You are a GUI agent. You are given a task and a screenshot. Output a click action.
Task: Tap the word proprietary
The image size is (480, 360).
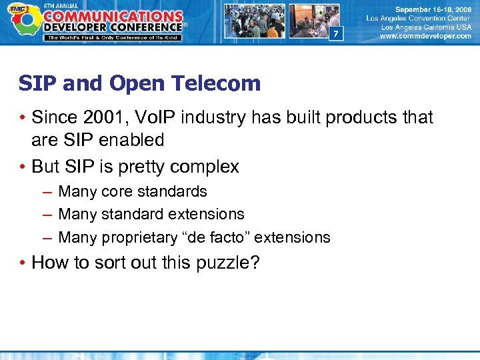137,237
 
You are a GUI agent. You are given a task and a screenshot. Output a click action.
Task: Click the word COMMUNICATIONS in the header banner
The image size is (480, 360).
114,15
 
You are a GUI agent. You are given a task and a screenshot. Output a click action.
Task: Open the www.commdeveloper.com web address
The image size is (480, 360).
425,36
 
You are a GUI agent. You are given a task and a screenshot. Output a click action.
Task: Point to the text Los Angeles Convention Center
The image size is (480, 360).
419,19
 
